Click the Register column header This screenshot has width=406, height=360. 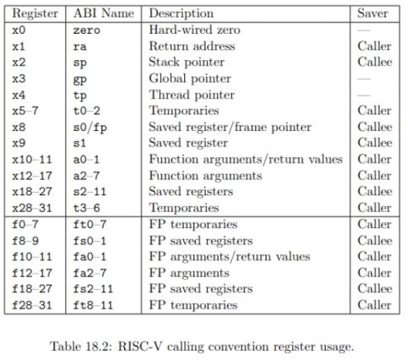[35, 14]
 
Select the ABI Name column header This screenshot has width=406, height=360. [104, 14]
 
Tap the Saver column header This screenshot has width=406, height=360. [372, 14]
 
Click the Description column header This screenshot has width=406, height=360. [181, 14]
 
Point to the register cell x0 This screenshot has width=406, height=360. [19, 30]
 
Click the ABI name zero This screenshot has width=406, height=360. [87, 30]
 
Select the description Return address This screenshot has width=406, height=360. [192, 46]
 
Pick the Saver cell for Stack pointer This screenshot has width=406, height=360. [375, 63]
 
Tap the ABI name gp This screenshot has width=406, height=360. [80, 79]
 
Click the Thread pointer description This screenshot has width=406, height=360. [192, 95]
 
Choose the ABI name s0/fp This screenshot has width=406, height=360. [90, 128]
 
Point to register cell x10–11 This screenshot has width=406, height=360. [32, 160]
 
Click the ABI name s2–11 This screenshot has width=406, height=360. [89, 192]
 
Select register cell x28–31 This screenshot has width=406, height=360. [32, 208]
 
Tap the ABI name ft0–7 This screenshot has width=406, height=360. [89, 225]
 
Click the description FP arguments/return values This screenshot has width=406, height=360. [230, 257]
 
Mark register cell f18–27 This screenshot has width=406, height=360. [32, 289]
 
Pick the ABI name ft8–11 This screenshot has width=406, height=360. [93, 305]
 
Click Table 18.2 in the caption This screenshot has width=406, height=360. [81, 346]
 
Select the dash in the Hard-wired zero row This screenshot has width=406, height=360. [364, 30]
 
